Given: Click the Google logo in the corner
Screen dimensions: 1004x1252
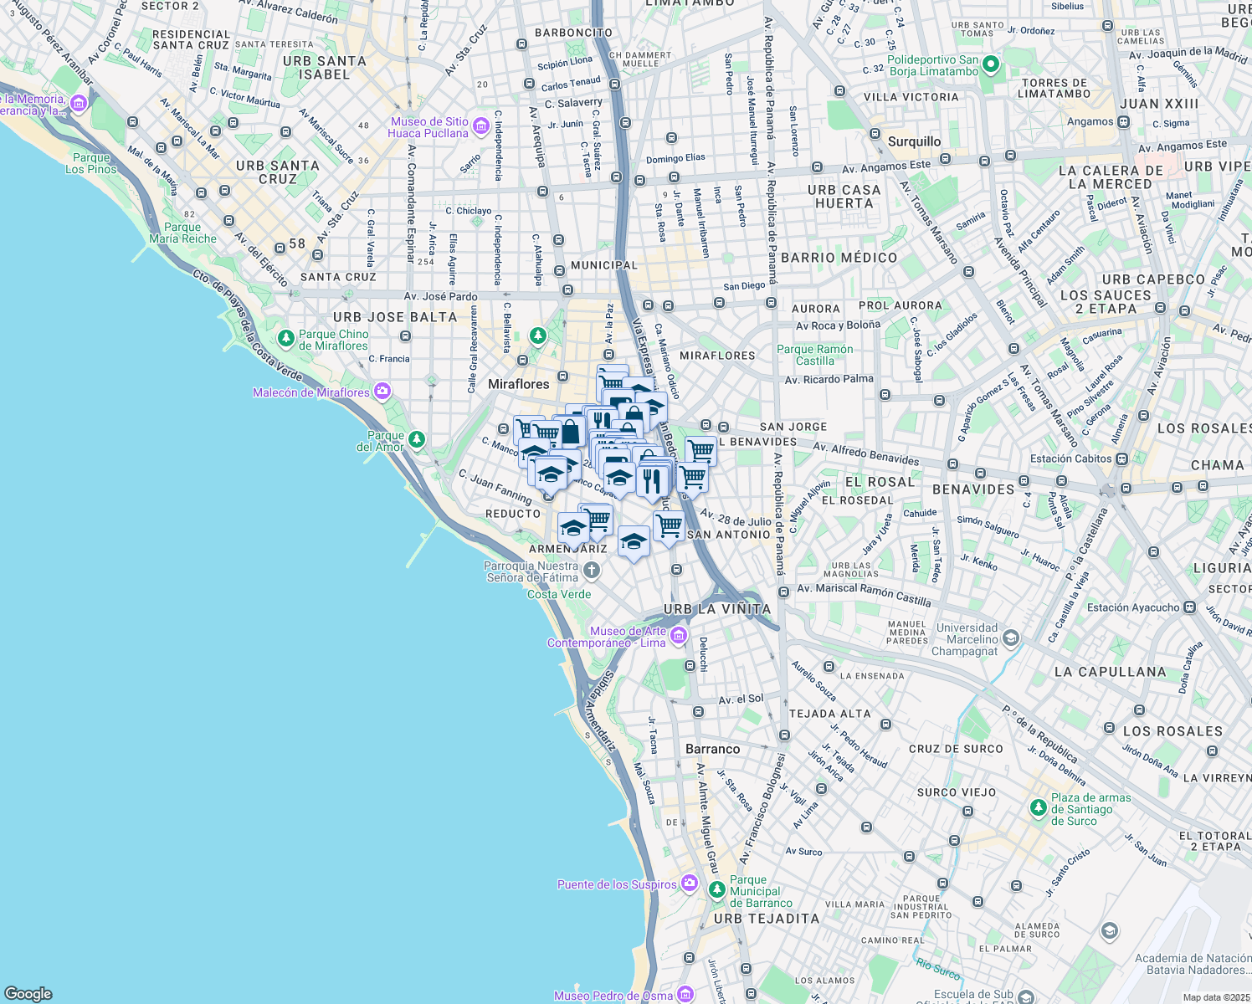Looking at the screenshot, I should [x=28, y=994].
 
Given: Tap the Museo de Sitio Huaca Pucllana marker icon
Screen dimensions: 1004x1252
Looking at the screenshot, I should [x=480, y=127].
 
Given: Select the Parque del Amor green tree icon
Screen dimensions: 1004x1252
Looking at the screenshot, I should [x=416, y=439].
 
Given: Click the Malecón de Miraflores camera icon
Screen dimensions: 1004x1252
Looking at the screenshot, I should [x=382, y=392].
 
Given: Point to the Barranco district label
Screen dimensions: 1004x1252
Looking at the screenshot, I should [x=712, y=749].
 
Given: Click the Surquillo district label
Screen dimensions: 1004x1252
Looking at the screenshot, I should [x=914, y=141].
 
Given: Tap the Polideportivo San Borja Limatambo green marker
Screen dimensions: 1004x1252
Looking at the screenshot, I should [x=991, y=64].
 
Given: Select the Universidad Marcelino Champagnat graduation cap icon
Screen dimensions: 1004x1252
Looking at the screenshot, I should [x=1011, y=639].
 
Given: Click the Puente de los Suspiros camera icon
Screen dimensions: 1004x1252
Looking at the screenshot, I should [x=689, y=884].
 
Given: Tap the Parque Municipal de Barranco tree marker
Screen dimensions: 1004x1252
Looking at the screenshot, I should [x=716, y=890].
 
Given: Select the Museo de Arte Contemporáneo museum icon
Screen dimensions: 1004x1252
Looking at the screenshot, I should [x=678, y=637].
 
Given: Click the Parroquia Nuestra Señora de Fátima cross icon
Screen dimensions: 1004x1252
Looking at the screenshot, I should [x=591, y=571].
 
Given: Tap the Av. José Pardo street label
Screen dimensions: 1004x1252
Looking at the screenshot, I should [x=440, y=296].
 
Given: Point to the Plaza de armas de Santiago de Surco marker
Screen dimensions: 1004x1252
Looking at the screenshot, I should [x=1038, y=808].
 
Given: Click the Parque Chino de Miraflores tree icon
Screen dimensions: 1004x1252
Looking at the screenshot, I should [x=286, y=339].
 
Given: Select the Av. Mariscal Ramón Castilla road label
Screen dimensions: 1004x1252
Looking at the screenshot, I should [x=864, y=595].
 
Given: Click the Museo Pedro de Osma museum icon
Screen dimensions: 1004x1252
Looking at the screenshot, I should [x=685, y=995].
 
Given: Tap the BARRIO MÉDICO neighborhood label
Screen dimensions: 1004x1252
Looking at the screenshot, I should [x=839, y=258].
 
